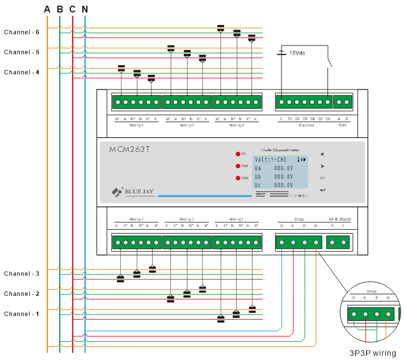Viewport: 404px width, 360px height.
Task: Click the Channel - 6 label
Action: click(x=22, y=32)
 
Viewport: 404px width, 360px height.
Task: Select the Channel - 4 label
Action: click(x=22, y=73)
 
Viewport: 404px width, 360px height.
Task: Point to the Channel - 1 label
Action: click(x=22, y=314)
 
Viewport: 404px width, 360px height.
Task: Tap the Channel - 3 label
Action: click(x=22, y=274)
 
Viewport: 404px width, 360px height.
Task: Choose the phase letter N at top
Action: click(x=85, y=9)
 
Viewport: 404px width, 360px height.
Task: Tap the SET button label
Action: click(x=322, y=178)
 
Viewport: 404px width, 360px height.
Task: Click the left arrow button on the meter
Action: click(x=322, y=154)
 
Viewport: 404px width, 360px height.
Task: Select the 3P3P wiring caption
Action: click(x=372, y=353)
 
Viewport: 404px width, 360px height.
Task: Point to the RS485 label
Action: click(x=343, y=124)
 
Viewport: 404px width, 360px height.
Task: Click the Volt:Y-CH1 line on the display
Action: click(x=271, y=159)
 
